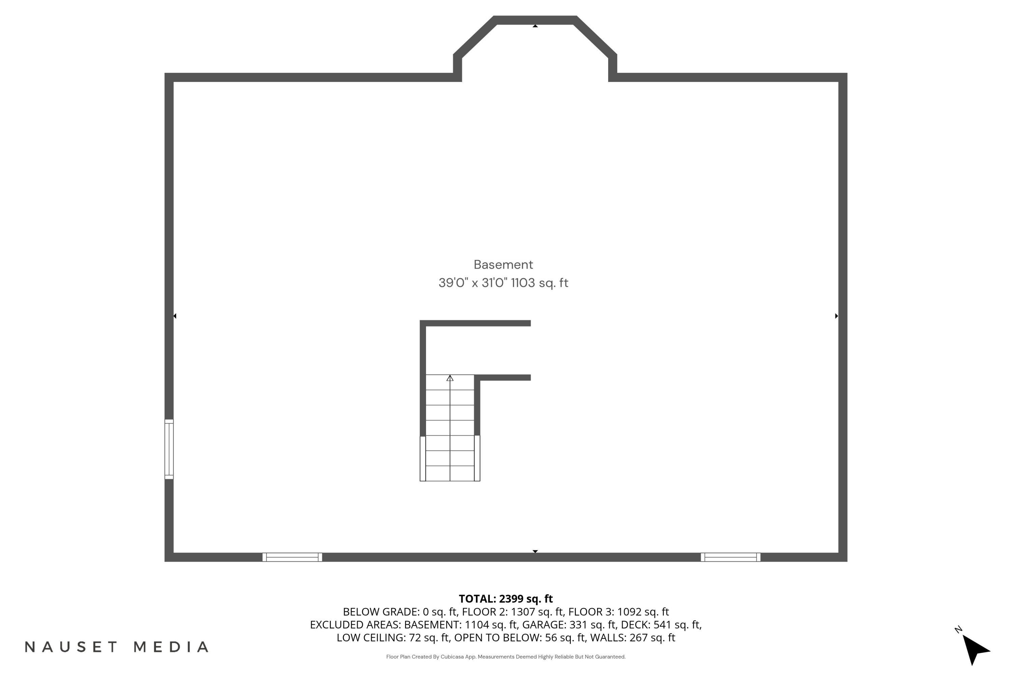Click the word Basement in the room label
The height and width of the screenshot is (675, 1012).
coord(503,264)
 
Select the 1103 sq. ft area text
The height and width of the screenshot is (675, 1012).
coord(539,283)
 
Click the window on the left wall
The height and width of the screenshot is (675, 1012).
coord(169,449)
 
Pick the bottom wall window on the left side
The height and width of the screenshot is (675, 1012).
coord(292,557)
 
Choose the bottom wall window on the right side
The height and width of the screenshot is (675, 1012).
coord(730,557)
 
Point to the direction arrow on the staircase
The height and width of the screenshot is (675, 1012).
coord(450,378)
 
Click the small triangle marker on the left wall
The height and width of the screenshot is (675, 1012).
coord(175,316)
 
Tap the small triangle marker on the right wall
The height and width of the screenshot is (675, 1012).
coord(837,316)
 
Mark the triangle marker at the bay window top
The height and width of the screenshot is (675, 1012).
coord(535,26)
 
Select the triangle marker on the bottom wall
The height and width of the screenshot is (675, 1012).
coord(535,551)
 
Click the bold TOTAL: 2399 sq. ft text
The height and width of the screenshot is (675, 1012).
coord(506,599)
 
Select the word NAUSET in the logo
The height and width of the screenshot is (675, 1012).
coord(71,647)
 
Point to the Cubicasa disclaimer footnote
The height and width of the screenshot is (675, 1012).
coord(506,657)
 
